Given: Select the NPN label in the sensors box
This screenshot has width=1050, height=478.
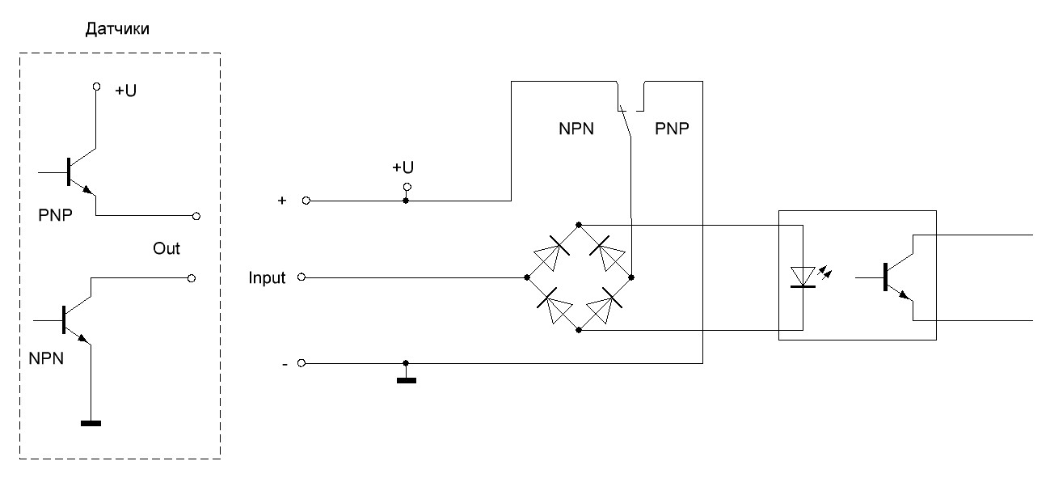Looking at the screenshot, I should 48,357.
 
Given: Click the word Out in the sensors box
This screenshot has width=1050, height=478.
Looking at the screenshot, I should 167,249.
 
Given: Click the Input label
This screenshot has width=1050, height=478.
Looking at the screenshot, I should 268,278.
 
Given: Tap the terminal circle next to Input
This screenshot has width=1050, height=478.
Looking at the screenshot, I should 301,277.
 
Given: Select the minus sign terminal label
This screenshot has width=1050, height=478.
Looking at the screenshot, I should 284,365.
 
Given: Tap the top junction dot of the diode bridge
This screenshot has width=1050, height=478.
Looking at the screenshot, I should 579,225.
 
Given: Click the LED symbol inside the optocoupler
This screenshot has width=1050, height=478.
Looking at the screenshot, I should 802,277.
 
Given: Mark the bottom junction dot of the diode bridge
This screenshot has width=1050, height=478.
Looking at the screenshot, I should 579,330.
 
